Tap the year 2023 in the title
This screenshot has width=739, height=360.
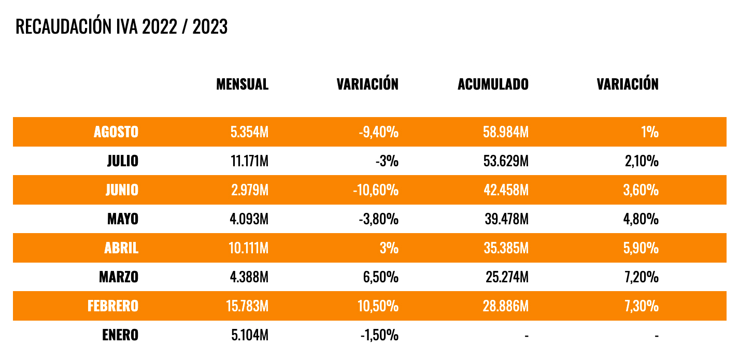click(x=209, y=27)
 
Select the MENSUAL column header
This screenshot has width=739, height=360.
click(x=242, y=84)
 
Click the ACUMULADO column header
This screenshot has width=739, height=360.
click(x=493, y=84)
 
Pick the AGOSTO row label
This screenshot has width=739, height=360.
click(x=116, y=132)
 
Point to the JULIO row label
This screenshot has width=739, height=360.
click(x=123, y=161)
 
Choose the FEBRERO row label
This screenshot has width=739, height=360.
click(x=112, y=306)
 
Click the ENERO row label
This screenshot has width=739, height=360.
click(x=120, y=335)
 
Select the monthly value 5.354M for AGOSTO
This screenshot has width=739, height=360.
click(x=249, y=132)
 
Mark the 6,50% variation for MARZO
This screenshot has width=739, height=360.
click(x=381, y=277)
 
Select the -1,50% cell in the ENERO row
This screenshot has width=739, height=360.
click(x=379, y=335)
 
